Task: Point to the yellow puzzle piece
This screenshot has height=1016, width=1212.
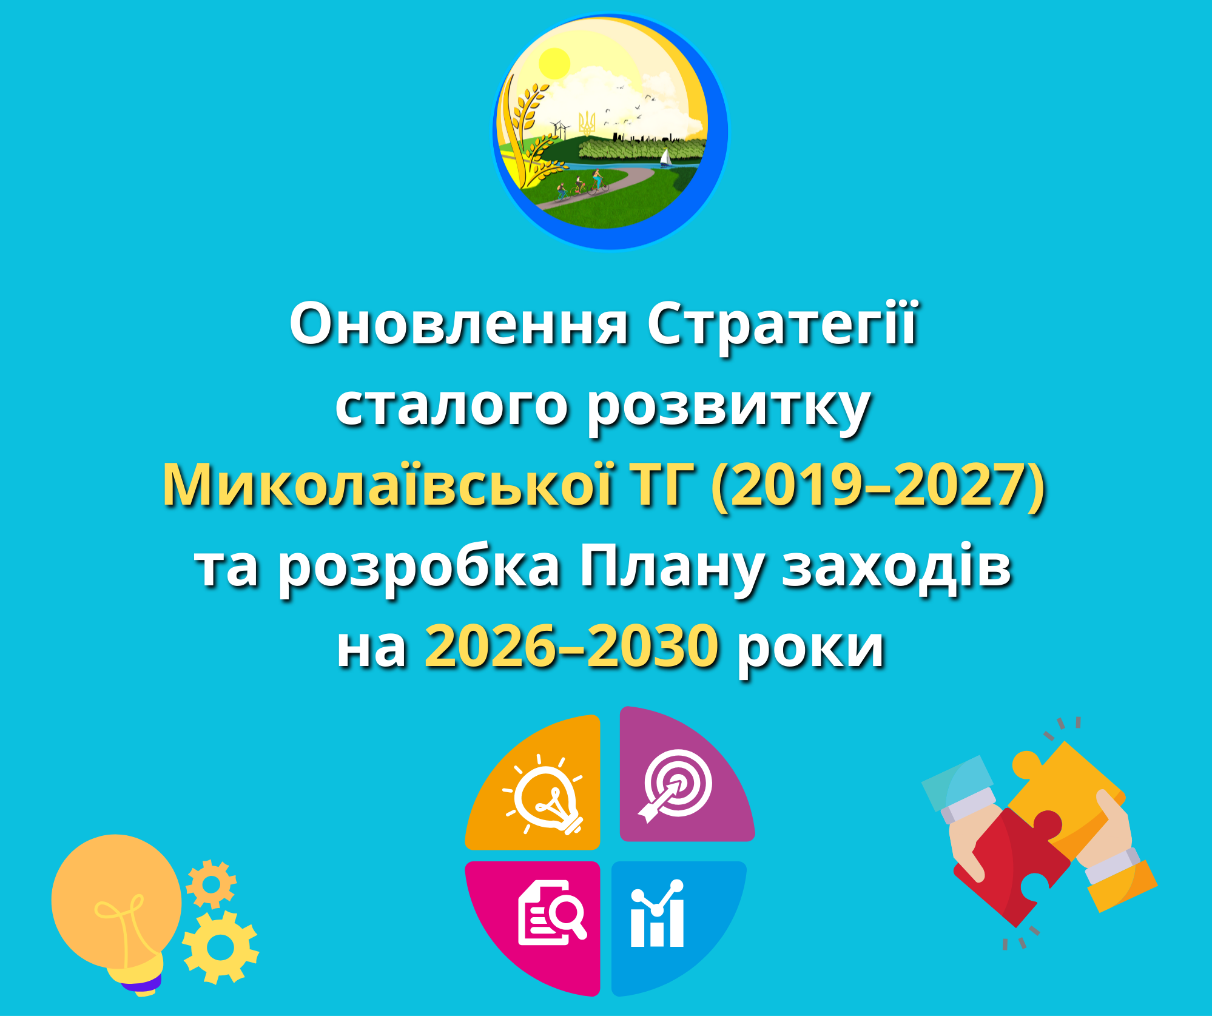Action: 1068,789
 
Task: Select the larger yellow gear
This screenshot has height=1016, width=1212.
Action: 221,947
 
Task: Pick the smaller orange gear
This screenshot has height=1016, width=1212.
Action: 210,884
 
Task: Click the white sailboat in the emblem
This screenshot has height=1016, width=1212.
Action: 665,157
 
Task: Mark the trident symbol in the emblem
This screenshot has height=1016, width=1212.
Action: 587,124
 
